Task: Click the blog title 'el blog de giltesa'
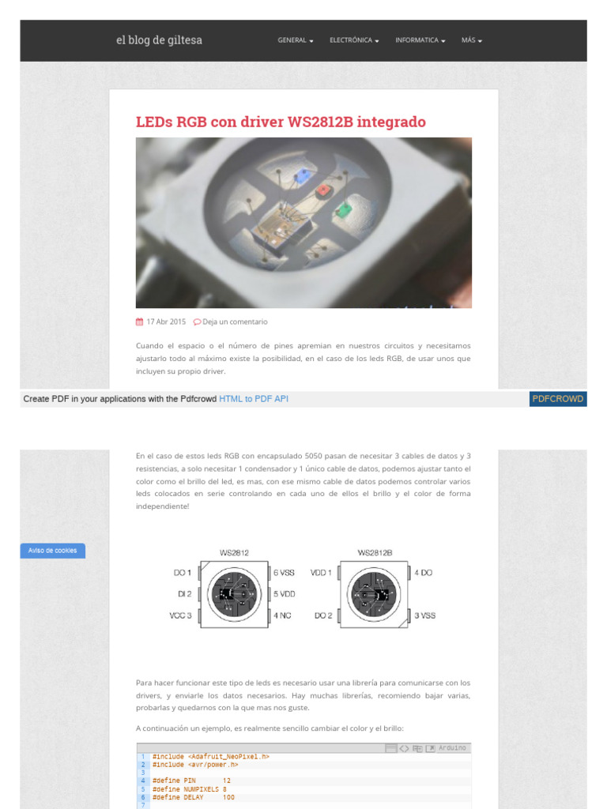159,40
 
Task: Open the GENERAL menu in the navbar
295,40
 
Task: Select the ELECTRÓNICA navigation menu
353,40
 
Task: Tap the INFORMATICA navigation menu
420,40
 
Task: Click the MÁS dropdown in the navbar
471,40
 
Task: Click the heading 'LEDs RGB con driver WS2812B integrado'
281,122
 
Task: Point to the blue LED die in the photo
301,176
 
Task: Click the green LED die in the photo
343,210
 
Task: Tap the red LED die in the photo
322,191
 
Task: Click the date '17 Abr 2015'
165,322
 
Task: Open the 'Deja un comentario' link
235,322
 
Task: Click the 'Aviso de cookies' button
52,551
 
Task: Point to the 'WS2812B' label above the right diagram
375,553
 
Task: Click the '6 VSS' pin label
283,573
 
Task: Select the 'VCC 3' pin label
180,615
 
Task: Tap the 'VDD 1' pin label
321,573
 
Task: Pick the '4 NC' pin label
281,615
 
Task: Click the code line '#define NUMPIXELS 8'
190,789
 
